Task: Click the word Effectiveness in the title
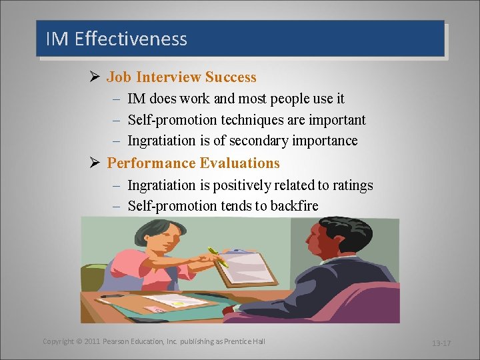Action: tap(131, 39)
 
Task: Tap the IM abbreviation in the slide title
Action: tap(57, 39)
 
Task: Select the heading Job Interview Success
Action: tap(181, 77)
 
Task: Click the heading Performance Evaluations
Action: tap(193, 163)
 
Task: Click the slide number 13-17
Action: tap(441, 343)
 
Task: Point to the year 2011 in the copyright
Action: tap(92, 341)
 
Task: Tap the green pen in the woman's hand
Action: tap(218, 257)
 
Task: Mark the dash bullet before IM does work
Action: tap(116, 99)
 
